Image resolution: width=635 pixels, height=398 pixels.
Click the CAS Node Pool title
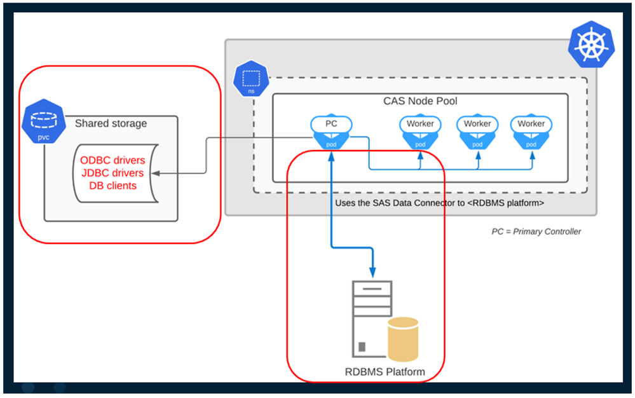pos(420,101)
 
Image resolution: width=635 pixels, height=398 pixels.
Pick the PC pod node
pos(331,130)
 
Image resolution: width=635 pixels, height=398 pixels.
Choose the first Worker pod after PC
pos(420,130)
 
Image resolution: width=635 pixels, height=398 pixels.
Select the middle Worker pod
pos(477,130)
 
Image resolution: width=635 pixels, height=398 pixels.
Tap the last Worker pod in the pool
pos(531,130)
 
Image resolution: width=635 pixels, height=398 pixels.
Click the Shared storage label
pos(111,123)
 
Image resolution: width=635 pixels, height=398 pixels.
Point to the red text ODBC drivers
pos(113,160)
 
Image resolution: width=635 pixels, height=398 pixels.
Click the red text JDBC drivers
pos(113,173)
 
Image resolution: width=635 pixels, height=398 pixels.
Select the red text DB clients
pos(113,186)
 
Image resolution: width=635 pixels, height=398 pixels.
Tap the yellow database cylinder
pos(403,337)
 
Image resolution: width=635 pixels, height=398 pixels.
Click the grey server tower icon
pos(372,318)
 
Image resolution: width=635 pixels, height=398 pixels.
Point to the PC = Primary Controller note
pos(536,231)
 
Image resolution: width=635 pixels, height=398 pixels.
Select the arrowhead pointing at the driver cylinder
pos(158,173)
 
